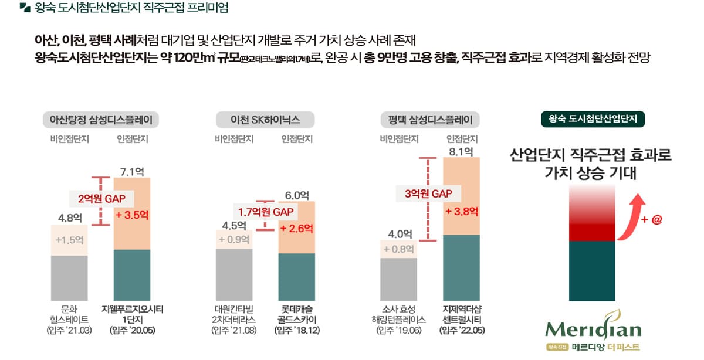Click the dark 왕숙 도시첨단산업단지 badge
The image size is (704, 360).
point(593,119)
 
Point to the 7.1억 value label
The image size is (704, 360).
point(132,172)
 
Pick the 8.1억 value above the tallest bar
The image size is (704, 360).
point(461,152)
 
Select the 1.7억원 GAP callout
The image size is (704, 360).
point(265,211)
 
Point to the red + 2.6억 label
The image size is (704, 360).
point(296,228)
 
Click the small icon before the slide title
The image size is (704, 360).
point(25,8)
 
